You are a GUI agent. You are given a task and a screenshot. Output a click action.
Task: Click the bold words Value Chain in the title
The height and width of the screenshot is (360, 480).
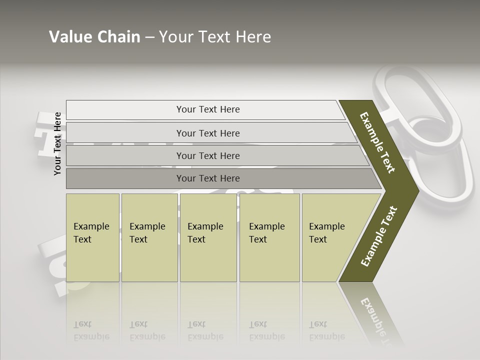pyautogui.click(x=94, y=37)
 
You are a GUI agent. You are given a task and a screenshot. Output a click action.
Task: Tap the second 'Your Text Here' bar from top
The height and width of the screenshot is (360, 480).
pyautogui.click(x=207, y=133)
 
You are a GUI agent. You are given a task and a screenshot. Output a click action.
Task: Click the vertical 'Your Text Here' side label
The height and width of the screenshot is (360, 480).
pyautogui.click(x=57, y=143)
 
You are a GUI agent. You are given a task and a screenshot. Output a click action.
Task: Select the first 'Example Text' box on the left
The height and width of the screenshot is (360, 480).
pyautogui.click(x=92, y=237)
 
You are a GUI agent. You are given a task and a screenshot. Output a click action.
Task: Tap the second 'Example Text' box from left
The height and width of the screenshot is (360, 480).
pyautogui.click(x=149, y=237)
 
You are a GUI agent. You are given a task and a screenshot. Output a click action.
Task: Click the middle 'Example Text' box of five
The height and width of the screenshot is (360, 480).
pyautogui.click(x=208, y=237)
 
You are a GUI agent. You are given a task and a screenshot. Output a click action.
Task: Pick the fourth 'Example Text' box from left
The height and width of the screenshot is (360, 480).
pyautogui.click(x=269, y=237)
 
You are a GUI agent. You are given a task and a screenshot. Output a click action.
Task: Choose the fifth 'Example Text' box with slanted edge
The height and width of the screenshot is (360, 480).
pyautogui.click(x=330, y=237)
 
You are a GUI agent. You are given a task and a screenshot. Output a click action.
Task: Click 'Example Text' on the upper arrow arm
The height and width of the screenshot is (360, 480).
pyautogui.click(x=377, y=142)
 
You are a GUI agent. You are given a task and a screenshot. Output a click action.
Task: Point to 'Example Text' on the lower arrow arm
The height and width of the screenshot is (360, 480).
pyautogui.click(x=379, y=236)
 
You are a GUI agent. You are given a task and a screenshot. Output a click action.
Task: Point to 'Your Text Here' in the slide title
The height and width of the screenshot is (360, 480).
pyautogui.click(x=215, y=37)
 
